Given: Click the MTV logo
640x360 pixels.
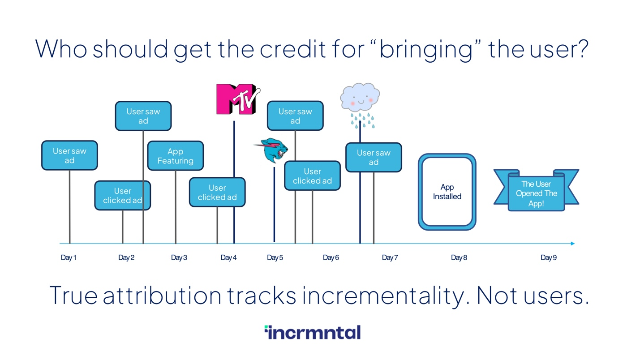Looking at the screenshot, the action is [238, 99].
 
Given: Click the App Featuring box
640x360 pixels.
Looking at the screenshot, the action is [176, 156].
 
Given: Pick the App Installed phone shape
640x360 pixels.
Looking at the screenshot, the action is [447, 192].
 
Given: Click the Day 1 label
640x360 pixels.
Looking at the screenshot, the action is [69, 258].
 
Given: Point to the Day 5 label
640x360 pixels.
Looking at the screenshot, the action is [275, 258].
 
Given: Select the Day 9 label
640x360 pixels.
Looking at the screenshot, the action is [549, 258].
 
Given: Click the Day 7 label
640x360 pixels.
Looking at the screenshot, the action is [390, 258].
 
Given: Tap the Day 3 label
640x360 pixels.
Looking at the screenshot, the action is [179, 258].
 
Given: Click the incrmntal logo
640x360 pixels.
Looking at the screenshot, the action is [313, 332].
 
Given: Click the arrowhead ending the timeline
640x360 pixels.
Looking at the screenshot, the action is [572, 244].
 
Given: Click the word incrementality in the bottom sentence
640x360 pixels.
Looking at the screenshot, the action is [386, 296].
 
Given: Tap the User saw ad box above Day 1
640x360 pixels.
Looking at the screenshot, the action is [69, 155].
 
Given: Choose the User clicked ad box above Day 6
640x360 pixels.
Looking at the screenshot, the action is [312, 176].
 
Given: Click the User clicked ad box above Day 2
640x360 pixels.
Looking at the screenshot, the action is [123, 195].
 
